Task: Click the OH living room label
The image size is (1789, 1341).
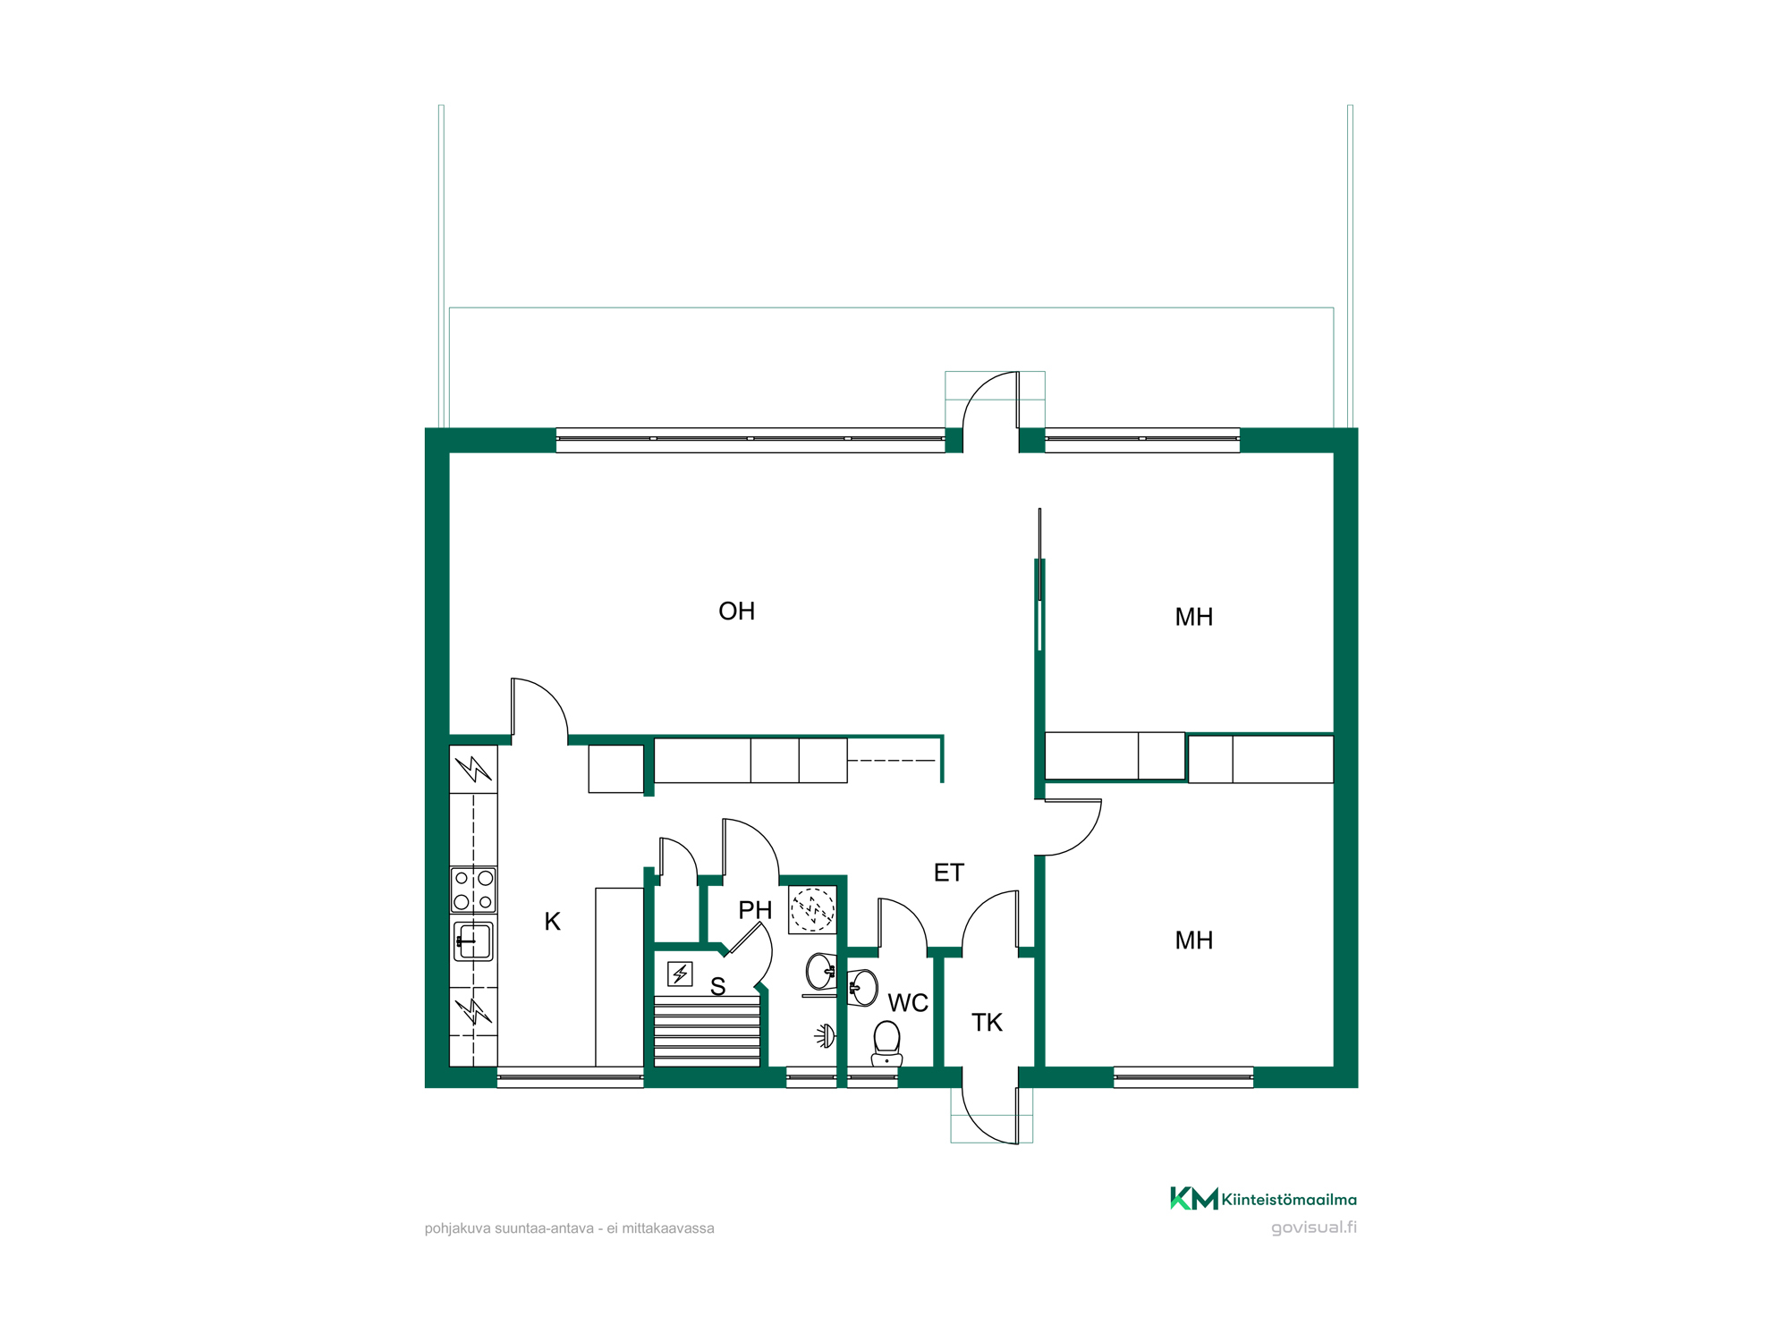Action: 736,611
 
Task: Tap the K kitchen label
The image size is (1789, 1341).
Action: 552,922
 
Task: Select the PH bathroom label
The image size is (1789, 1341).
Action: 755,910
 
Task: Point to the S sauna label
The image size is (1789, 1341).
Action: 717,987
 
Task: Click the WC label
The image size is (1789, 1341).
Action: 908,1003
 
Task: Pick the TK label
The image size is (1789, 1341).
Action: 987,1023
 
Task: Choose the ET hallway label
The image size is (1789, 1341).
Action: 949,873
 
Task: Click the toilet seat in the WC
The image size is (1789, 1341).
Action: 886,1044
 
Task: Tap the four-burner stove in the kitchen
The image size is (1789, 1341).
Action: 473,890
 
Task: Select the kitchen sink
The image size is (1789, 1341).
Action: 473,941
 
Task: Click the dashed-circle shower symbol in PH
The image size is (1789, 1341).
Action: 812,910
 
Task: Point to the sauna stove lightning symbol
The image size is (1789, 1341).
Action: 680,974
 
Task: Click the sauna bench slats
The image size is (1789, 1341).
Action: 707,1032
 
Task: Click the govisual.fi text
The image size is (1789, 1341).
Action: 1314,1227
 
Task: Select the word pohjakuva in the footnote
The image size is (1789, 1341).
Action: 458,1229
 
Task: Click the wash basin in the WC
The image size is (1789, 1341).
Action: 861,988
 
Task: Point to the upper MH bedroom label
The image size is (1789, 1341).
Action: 1193,617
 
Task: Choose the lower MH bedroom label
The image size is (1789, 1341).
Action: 1193,940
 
